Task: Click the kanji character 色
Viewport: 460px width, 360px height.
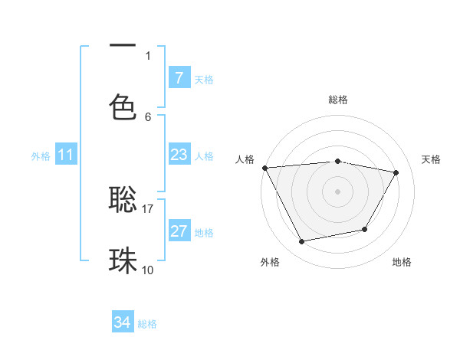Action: click(x=123, y=106)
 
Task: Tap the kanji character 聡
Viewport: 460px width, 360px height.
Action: click(x=123, y=199)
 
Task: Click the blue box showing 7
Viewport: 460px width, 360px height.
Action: click(x=179, y=78)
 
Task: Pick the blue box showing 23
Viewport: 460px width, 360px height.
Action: click(x=179, y=155)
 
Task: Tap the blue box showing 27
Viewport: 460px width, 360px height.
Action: click(x=179, y=231)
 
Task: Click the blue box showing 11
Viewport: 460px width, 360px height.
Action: click(x=66, y=155)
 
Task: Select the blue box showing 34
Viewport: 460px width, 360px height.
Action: click(x=123, y=323)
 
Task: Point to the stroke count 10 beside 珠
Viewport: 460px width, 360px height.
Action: click(x=148, y=270)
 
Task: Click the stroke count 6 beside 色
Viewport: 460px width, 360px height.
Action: click(x=148, y=116)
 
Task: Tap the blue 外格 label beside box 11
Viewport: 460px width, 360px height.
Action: click(x=41, y=156)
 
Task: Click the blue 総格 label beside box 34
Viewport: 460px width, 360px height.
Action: click(x=147, y=324)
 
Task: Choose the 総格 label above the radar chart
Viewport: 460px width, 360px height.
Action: click(x=337, y=100)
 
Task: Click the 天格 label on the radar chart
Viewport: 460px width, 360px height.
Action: click(x=432, y=159)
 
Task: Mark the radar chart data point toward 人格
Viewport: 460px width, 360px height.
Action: click(x=264, y=168)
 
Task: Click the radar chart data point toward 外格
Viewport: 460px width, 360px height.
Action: click(x=301, y=242)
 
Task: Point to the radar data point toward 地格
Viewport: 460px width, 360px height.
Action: click(x=365, y=229)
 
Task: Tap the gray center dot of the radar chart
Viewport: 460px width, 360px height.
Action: click(x=337, y=191)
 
